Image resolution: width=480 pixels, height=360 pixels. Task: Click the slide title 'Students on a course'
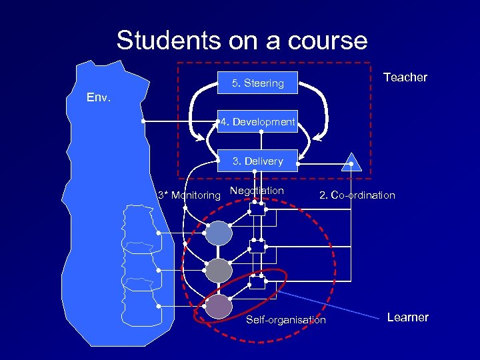pos(241,41)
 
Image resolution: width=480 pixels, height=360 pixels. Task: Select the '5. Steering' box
pos(257,83)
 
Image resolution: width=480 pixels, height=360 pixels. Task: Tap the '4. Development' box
pos(257,122)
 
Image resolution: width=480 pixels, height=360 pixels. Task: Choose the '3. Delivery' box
pos(257,161)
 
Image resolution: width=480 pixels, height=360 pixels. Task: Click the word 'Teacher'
pos(405,77)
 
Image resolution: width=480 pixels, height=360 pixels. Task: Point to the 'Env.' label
pos(99,98)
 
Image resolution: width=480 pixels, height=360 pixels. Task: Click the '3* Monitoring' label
pos(188,195)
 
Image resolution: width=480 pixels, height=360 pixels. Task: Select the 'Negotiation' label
pos(257,191)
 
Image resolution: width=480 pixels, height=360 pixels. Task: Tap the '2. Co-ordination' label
pos(357,195)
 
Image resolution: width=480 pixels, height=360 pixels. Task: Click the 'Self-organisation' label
pos(286,320)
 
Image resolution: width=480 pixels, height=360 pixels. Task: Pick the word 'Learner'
pos(407,317)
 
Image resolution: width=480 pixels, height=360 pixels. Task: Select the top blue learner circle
pos(219,233)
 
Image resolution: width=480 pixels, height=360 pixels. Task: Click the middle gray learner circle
pos(219,270)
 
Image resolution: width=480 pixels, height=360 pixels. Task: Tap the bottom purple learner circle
pos(219,306)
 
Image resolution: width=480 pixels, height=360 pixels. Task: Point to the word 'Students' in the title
pos(167,41)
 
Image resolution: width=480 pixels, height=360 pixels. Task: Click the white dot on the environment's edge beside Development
pos(143,122)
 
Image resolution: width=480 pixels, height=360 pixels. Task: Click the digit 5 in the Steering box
pos(235,83)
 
